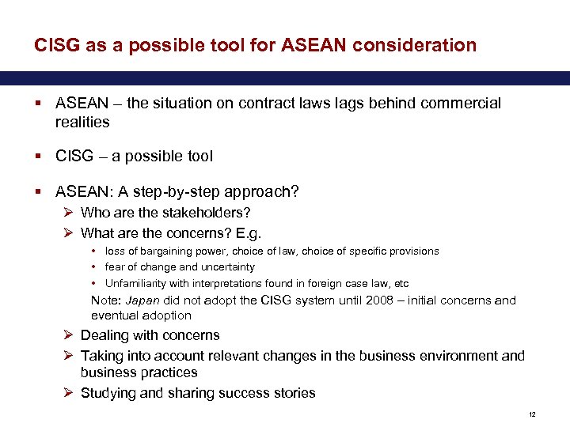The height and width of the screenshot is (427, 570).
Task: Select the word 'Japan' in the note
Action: pyautogui.click(x=145, y=300)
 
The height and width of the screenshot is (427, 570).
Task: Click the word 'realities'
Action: pyautogui.click(x=82, y=123)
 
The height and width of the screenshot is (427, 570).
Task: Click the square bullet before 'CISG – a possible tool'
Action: pyautogui.click(x=39, y=157)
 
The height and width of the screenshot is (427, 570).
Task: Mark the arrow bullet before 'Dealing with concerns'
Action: pyautogui.click(x=68, y=335)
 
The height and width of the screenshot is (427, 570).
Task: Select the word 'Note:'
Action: pyautogui.click(x=107, y=300)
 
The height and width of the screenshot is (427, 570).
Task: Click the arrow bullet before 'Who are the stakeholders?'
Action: pyautogui.click(x=68, y=213)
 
